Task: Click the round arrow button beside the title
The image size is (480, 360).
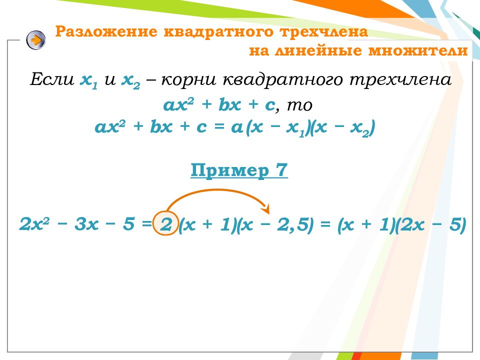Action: [x=36, y=40]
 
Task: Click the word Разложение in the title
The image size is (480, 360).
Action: [x=106, y=32]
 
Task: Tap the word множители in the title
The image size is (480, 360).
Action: [x=418, y=50]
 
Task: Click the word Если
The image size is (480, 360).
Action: [x=52, y=79]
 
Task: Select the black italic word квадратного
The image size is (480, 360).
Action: [x=282, y=80]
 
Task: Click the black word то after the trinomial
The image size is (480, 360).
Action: [x=299, y=105]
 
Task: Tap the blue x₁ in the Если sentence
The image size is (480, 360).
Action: [x=89, y=81]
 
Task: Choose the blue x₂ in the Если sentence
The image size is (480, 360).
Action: [x=131, y=81]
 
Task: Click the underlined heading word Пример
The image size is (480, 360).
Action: [x=229, y=170]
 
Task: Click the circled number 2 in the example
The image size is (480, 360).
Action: [x=165, y=224]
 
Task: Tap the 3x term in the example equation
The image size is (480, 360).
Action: [x=86, y=224]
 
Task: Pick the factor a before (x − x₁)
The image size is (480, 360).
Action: [x=237, y=127]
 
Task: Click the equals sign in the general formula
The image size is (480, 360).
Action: [x=219, y=126]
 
